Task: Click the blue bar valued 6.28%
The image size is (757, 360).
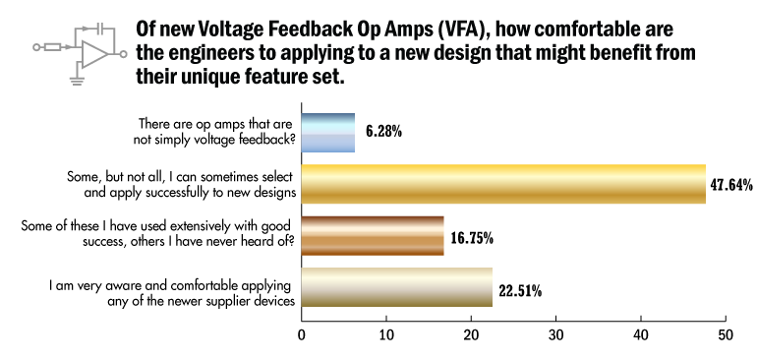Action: [327, 133]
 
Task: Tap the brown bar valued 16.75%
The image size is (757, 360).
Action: [373, 236]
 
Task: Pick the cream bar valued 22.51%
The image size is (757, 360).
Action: [397, 288]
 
